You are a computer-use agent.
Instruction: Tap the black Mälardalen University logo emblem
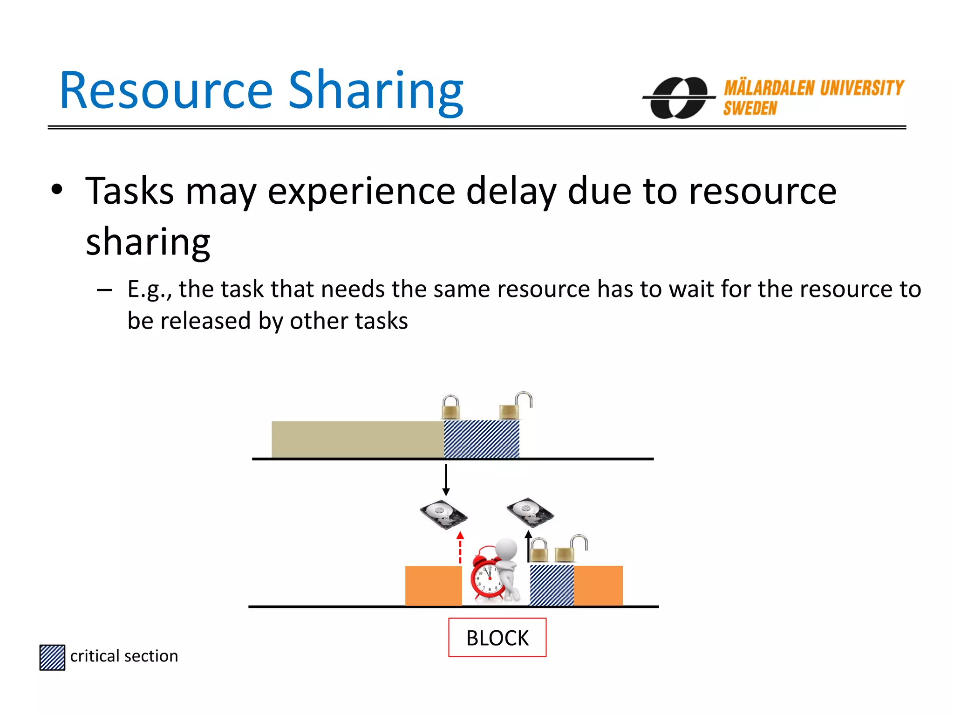(679, 98)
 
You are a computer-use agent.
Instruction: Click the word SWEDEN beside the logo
(750, 109)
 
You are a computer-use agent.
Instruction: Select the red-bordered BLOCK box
(497, 638)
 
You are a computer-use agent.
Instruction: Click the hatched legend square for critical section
(52, 657)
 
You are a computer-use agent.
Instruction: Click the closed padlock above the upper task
(451, 408)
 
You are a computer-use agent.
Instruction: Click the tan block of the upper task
(357, 440)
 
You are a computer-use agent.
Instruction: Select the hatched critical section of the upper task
(482, 440)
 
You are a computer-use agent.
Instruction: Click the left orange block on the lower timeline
(433, 586)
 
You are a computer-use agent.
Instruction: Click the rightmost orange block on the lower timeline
(598, 586)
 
